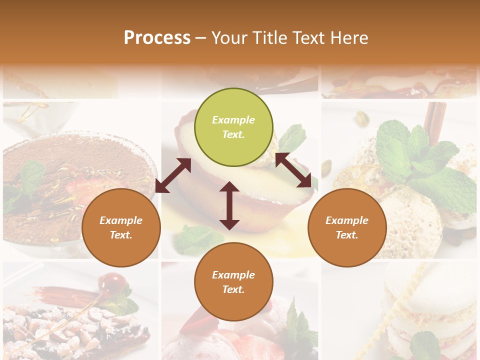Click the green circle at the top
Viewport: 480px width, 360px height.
tap(233, 127)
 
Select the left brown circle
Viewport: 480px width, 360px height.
tap(121, 228)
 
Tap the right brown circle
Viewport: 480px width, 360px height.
tap(347, 228)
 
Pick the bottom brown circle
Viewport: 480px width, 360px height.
tap(233, 282)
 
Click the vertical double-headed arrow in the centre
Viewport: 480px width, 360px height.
tap(229, 205)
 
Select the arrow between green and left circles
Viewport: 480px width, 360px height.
tap(173, 175)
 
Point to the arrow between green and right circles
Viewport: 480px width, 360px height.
tap(293, 170)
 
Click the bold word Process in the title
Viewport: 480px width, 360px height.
tap(157, 38)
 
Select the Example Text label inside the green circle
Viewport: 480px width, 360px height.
tap(233, 127)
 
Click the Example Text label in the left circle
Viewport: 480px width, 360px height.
tap(121, 227)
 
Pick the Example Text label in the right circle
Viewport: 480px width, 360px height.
tap(347, 227)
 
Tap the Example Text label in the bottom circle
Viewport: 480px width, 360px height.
tap(233, 282)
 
